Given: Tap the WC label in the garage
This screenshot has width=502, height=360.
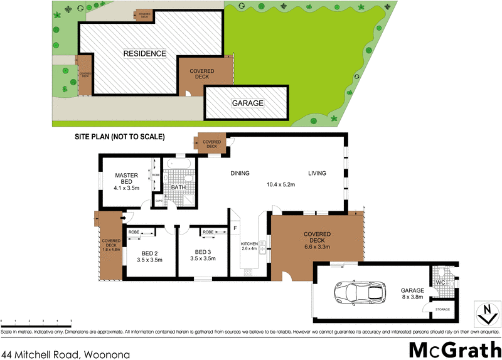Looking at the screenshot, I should (441, 282).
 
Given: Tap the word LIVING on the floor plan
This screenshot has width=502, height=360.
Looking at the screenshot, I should (318, 174).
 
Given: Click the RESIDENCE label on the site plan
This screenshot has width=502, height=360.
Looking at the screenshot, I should (144, 53).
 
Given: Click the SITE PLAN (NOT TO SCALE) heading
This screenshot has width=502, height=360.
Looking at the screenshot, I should (119, 137).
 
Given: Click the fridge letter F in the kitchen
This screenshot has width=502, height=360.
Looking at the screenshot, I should (235, 228).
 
